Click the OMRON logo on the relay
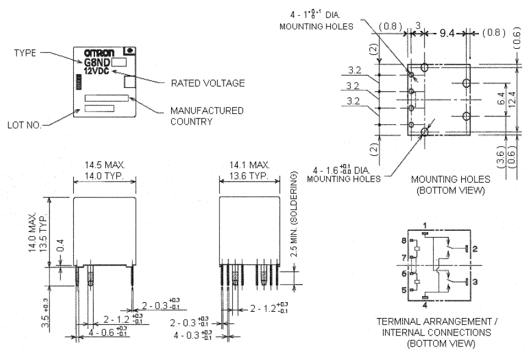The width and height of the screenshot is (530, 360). coord(95,52)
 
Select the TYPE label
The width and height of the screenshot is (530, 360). coord(26,53)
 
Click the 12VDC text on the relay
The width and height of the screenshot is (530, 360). coord(96,70)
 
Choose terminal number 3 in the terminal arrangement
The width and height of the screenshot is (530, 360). coord(475,281)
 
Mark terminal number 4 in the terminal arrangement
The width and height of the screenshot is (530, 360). coord(425,305)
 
